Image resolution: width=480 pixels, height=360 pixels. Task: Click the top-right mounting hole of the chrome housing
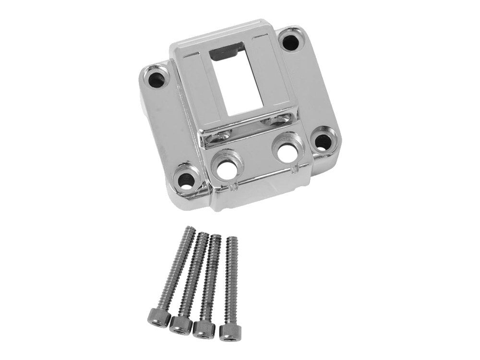pyautogui.click(x=290, y=42)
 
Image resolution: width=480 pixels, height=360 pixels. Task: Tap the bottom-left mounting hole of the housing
pyautogui.click(x=186, y=180)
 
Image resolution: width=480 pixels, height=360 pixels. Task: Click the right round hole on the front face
pyautogui.click(x=287, y=153)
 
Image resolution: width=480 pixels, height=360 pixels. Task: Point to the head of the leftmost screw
pyautogui.click(x=159, y=318)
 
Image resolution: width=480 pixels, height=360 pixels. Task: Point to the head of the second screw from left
pyautogui.click(x=180, y=324)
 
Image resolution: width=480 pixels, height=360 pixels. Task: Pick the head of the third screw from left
pyautogui.click(x=204, y=329)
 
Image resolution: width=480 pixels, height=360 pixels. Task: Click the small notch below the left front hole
pyautogui.click(x=234, y=185)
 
